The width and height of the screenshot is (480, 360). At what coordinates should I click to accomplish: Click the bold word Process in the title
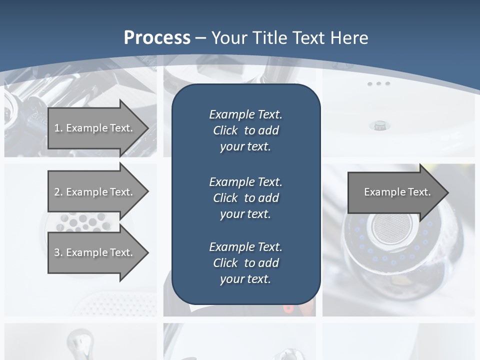pyautogui.click(x=157, y=37)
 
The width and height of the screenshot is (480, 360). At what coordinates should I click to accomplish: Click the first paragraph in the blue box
pyautogui.click(x=245, y=130)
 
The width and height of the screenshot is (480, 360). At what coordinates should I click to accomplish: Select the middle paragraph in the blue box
pyautogui.click(x=245, y=198)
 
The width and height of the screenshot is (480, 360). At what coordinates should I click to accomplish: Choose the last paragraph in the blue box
pyautogui.click(x=245, y=263)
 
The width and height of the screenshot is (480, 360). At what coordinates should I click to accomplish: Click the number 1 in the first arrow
pyautogui.click(x=57, y=128)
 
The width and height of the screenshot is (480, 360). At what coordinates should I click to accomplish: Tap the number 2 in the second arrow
pyautogui.click(x=57, y=192)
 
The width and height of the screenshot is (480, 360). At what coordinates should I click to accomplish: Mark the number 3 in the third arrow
pyautogui.click(x=57, y=252)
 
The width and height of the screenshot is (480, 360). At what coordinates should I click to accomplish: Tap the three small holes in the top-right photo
pyautogui.click(x=378, y=83)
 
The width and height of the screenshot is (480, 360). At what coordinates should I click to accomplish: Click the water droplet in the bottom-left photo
pyautogui.click(x=80, y=340)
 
